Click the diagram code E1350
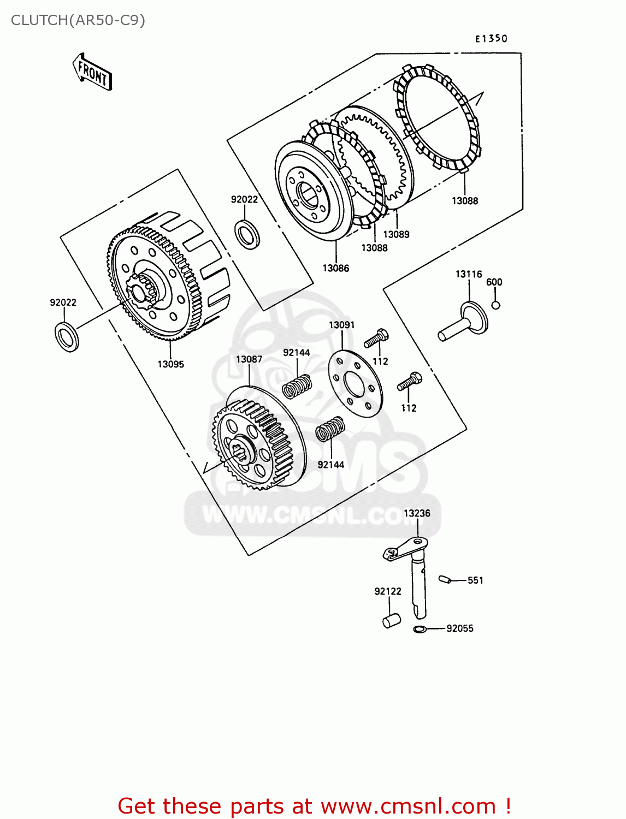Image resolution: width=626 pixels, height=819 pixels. (x=491, y=38)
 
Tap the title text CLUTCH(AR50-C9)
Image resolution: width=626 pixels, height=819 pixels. (x=78, y=20)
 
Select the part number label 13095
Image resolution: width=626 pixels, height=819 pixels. (x=170, y=364)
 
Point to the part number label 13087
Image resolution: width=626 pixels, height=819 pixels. (x=249, y=359)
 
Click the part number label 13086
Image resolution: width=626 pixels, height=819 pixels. (x=335, y=268)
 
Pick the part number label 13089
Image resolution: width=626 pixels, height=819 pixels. (x=396, y=234)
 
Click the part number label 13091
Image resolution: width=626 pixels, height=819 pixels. (x=341, y=325)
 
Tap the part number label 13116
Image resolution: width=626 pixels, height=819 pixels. (x=469, y=274)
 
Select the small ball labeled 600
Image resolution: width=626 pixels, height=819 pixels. (x=495, y=305)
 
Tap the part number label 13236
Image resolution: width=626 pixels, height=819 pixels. (x=417, y=513)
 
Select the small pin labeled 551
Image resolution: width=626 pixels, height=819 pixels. (x=445, y=579)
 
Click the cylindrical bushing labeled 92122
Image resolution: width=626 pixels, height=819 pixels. (x=391, y=621)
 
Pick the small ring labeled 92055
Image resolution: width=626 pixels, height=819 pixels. (x=420, y=629)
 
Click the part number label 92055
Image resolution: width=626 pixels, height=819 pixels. (x=459, y=628)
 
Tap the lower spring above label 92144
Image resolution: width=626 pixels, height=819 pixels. (x=330, y=429)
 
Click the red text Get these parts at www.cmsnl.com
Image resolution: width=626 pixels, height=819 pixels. (x=314, y=806)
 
